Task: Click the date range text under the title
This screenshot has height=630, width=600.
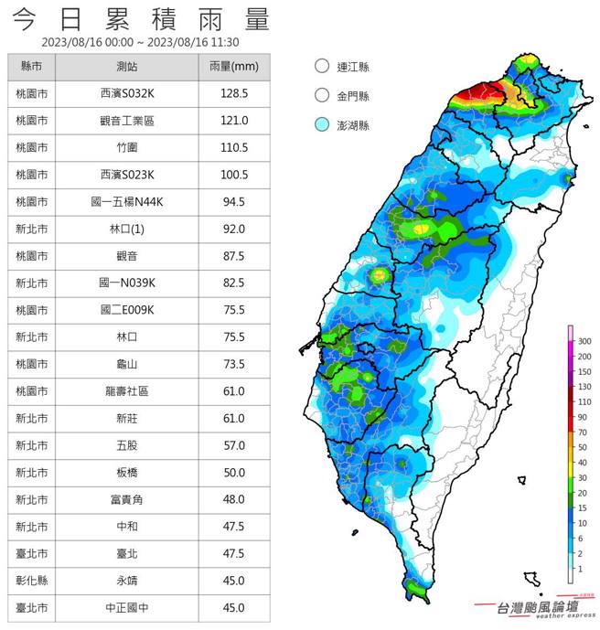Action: pos(140,42)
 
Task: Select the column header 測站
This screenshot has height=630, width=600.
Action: pos(127,68)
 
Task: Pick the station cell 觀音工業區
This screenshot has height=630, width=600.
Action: pos(127,121)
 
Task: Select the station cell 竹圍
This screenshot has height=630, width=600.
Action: pos(127,147)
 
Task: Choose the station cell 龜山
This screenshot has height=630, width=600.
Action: pos(127,364)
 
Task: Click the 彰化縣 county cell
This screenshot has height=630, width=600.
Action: pos(32,581)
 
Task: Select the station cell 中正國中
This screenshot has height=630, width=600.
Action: pos(127,607)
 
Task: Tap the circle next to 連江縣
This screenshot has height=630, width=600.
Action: pos(320,67)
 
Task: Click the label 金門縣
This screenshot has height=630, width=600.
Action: pos(353,95)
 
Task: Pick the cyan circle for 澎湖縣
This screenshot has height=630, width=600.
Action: pos(320,125)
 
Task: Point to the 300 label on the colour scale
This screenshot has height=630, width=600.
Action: pos(584,341)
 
